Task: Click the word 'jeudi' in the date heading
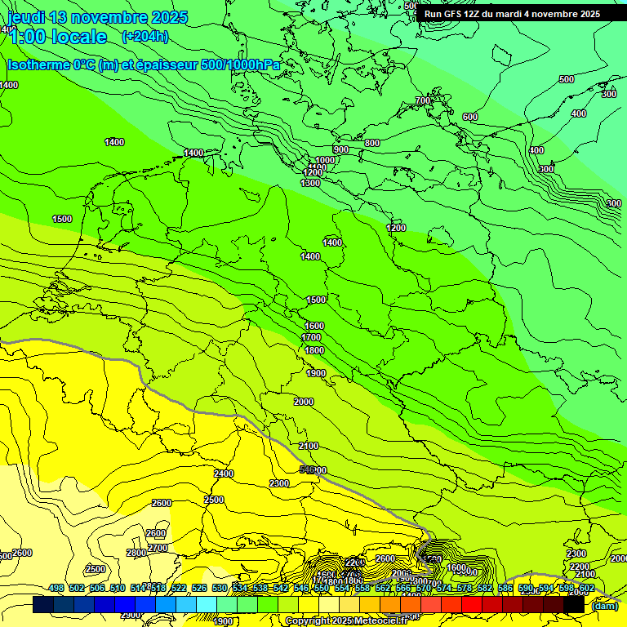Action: click(x=27, y=17)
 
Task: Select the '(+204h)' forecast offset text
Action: click(x=145, y=36)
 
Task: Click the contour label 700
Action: click(x=422, y=100)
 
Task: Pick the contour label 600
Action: click(x=469, y=117)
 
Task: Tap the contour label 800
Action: click(x=372, y=143)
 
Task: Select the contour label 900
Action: click(x=340, y=149)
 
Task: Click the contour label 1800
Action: click(x=314, y=350)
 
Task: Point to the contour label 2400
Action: click(x=223, y=474)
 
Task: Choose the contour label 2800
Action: click(x=136, y=553)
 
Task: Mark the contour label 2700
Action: click(x=158, y=548)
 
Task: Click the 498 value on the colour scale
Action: click(x=56, y=588)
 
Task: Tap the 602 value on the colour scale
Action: click(x=586, y=588)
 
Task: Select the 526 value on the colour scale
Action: click(x=199, y=588)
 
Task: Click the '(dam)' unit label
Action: click(x=604, y=606)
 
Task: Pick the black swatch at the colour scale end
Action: click(x=574, y=605)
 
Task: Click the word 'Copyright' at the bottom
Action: click(x=308, y=621)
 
